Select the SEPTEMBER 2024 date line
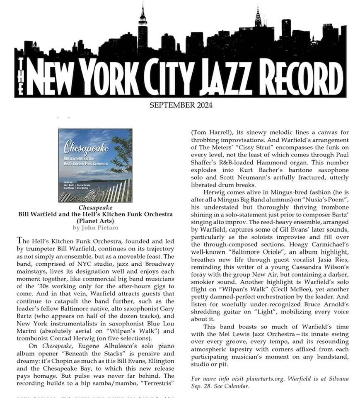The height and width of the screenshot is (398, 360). (x=181, y=105)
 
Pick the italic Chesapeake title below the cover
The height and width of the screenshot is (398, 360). (x=95, y=207)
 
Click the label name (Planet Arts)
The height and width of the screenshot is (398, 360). (x=95, y=221)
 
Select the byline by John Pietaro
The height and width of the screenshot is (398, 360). (x=95, y=228)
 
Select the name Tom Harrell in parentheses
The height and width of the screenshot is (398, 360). (x=211, y=133)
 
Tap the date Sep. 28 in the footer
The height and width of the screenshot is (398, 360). (x=202, y=386)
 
